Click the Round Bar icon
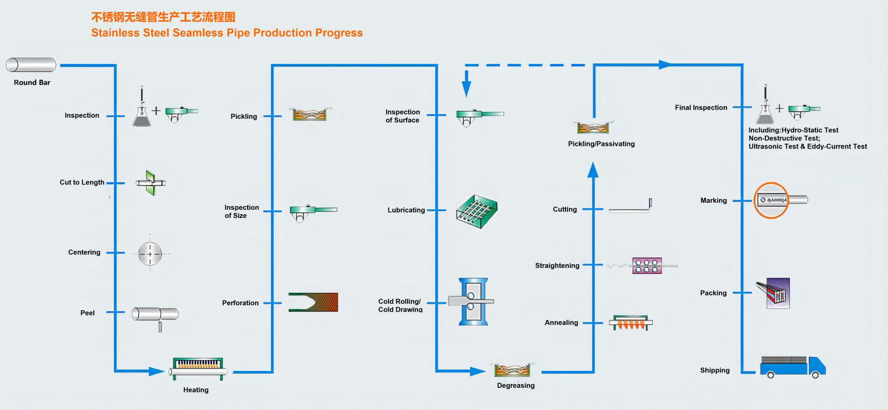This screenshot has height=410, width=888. (x=31, y=65)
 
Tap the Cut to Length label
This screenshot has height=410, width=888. (x=82, y=182)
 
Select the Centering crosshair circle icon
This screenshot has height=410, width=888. (x=150, y=253)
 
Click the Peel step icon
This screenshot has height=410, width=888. (x=155, y=315)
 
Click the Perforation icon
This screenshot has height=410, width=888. (x=313, y=302)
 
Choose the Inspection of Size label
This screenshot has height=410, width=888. (x=242, y=212)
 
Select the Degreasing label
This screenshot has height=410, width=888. (x=516, y=386)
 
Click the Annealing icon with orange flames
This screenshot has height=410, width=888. (x=630, y=323)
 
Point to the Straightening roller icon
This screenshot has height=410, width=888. (x=647, y=266)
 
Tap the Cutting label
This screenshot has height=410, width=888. (x=564, y=209)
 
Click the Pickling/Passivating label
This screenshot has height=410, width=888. (x=601, y=144)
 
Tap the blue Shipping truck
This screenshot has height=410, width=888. (x=793, y=367)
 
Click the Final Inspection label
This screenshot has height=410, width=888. (x=701, y=107)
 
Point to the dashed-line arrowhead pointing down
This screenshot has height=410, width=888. (x=466, y=90)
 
